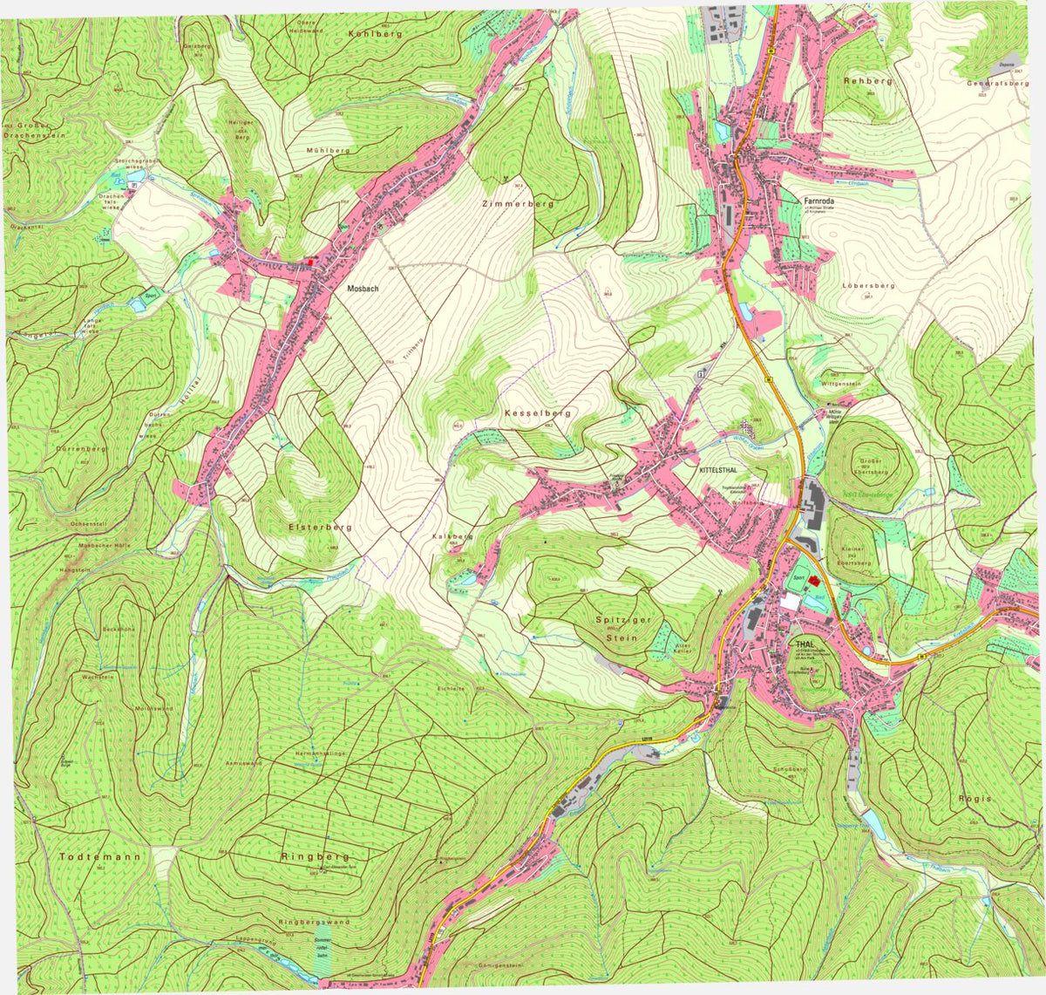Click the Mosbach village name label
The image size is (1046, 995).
click(361, 288)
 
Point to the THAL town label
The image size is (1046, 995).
click(804, 644)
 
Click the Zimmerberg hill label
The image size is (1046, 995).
click(518, 203)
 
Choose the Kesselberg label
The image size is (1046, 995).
click(537, 412)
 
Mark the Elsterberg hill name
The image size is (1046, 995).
click(320, 528)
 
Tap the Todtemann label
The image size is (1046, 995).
click(100, 856)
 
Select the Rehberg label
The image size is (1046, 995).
click(867, 80)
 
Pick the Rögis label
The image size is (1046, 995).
click(974, 798)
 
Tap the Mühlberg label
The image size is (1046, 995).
click(328, 150)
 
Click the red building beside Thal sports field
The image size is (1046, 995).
click(814, 581)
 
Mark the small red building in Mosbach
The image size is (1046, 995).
click(310, 261)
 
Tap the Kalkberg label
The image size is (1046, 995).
click(452, 536)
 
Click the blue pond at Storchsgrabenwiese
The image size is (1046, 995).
click(133, 185)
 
